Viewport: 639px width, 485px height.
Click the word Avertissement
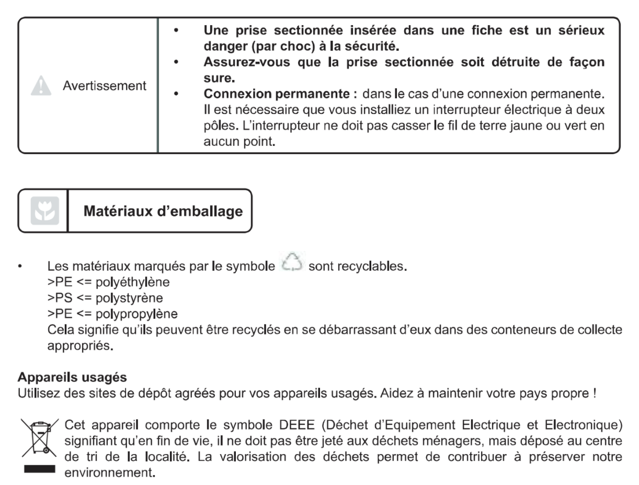(105, 86)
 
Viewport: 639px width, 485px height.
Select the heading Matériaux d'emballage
(163, 211)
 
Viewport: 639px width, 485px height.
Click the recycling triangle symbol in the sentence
(290, 265)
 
